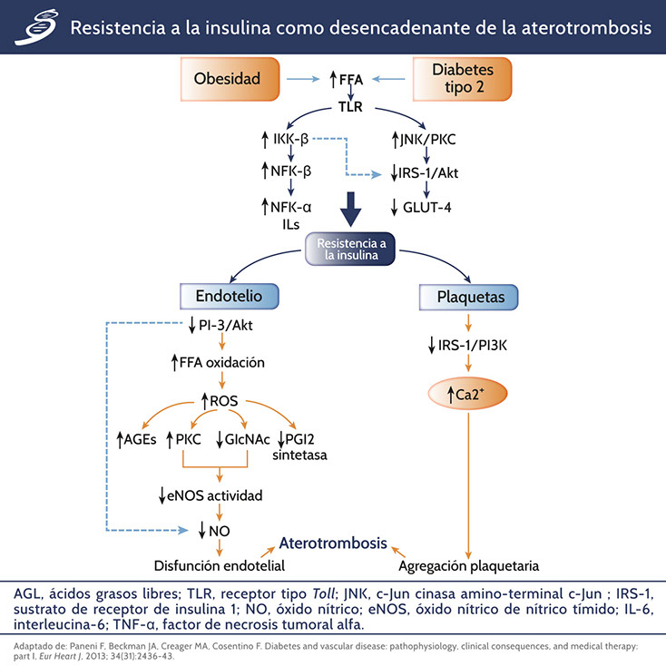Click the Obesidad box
tap(227, 79)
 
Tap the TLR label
tap(350, 105)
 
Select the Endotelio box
tap(230, 296)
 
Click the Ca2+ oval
tap(468, 397)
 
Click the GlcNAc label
tap(244, 440)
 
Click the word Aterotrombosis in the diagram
tap(333, 544)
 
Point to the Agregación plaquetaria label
tap(469, 564)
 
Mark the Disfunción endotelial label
tap(220, 564)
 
